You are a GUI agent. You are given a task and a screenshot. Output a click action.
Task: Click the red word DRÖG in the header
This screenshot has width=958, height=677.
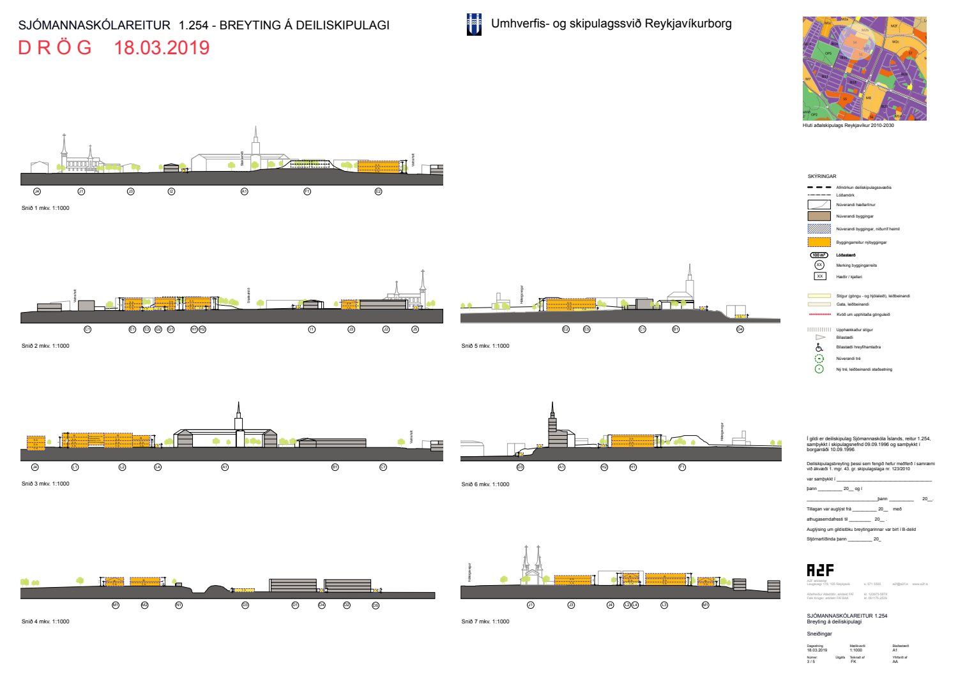coord(55,48)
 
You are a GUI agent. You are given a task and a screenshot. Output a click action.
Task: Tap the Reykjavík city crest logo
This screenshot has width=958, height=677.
coord(474,24)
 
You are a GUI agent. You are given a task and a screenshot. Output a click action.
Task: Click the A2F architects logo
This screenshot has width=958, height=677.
coord(820,570)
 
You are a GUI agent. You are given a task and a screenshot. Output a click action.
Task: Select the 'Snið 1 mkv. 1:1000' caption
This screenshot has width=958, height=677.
coord(45,208)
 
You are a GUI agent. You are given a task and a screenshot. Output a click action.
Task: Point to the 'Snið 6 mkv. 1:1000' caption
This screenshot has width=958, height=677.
coord(485,484)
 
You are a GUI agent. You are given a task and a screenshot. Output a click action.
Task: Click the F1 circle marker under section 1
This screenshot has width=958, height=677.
coord(307,191)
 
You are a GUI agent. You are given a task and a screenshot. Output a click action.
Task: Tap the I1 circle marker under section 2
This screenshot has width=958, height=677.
coord(312,329)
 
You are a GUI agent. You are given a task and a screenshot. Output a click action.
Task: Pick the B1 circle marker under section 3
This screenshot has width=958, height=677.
coord(335,467)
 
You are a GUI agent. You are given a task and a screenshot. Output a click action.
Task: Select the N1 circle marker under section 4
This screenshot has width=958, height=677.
coord(179,605)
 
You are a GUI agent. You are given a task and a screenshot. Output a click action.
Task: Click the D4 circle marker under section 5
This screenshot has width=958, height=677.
coord(740,329)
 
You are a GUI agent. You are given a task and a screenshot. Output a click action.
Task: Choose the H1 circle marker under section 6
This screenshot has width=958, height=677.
coord(633,467)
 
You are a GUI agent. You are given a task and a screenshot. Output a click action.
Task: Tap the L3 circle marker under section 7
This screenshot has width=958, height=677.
coord(664,605)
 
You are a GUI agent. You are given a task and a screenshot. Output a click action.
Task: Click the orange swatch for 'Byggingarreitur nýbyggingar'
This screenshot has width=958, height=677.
coord(819,242)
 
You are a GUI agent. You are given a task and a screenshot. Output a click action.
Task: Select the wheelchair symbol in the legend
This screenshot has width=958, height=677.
coord(819,347)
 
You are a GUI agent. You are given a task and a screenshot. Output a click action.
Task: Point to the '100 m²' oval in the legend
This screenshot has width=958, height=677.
coord(819,255)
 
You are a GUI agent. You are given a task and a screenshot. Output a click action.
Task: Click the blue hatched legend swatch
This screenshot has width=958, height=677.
coord(819,228)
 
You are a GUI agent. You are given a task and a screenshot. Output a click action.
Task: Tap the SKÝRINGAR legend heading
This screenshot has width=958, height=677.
coord(822,176)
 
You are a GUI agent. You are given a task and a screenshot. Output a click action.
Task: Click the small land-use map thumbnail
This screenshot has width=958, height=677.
coord(864,68)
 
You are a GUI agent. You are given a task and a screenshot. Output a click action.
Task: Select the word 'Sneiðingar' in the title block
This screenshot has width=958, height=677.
coord(819,634)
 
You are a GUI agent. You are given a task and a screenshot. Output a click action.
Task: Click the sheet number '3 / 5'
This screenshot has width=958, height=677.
coord(811,662)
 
